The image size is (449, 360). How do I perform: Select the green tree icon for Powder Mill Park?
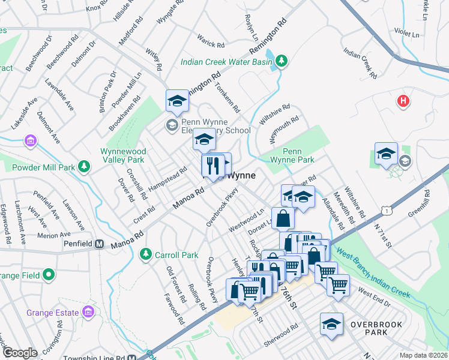click(85, 166)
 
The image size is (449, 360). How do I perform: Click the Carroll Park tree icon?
click(145, 255)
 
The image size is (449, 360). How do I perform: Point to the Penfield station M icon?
click(100, 244)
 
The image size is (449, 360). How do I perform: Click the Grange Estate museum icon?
click(88, 312)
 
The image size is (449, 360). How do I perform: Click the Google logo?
click(19, 353)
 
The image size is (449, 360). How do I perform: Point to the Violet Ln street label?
click(408, 34)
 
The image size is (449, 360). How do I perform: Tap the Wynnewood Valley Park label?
click(122, 155)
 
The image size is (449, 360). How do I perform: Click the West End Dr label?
click(374, 298)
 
